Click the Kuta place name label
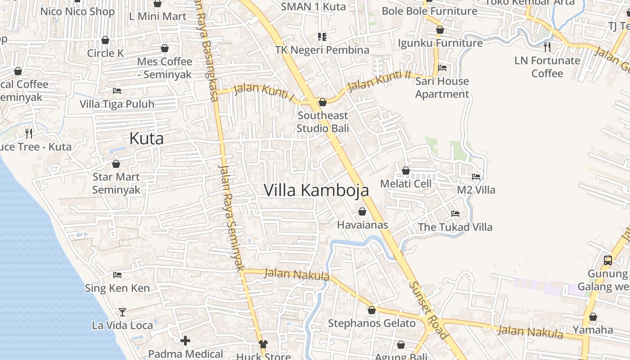[x=146, y=139]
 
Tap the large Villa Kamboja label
[x=316, y=190]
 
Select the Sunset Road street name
[x=428, y=310]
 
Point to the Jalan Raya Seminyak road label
[x=231, y=216]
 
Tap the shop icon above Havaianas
[x=362, y=211]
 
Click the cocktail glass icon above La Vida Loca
[x=122, y=312]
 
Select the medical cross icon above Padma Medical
[x=185, y=341]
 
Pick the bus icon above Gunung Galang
[x=607, y=260]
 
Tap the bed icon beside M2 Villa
[x=476, y=177]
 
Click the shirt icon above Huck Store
[x=263, y=344]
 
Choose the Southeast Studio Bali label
[x=323, y=122]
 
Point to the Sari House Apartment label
[x=442, y=88]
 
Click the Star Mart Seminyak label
[x=116, y=183]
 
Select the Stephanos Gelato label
[x=372, y=323]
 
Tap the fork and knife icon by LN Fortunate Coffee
[x=547, y=47]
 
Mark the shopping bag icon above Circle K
[x=105, y=40]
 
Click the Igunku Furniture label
[x=440, y=43]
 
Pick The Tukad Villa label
[x=455, y=227]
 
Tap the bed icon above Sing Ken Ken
[x=117, y=274]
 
